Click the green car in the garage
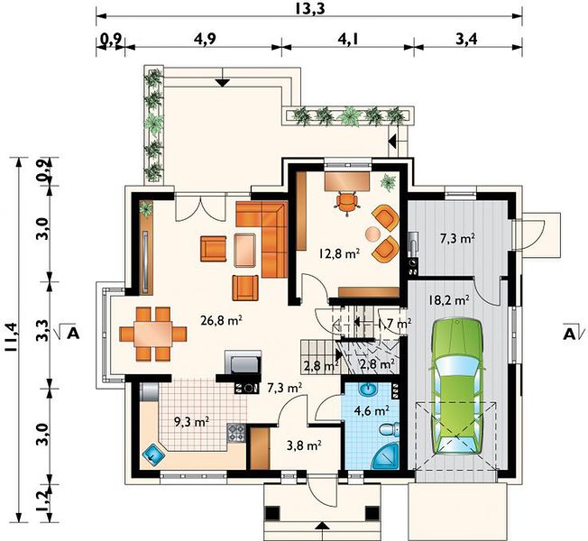[456, 386]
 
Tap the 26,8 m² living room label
[220, 321]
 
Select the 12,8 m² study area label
[339, 253]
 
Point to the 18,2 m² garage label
[448, 299]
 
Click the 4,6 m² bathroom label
[372, 410]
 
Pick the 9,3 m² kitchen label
[191, 422]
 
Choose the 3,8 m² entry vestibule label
[304, 445]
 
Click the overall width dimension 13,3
[309, 8]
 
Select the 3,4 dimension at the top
[466, 38]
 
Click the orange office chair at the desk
[347, 203]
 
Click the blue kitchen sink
[154, 455]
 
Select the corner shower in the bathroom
[387, 456]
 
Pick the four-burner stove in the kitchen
[236, 434]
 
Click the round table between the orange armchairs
[373, 234]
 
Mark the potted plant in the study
[388, 182]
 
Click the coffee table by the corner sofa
[245, 250]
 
